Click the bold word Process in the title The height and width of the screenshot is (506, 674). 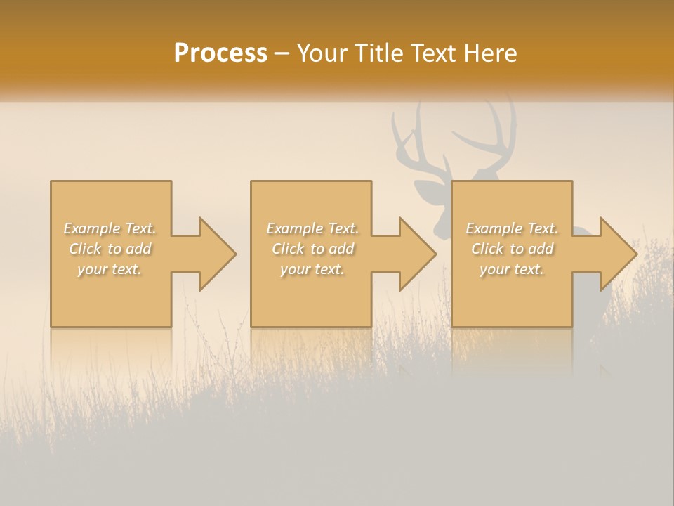pos(220,53)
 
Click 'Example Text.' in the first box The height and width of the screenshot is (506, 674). pos(110,228)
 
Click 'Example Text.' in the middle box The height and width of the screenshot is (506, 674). pos(312,228)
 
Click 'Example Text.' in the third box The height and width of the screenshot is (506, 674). pos(512,228)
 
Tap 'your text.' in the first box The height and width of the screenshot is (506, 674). pos(110,269)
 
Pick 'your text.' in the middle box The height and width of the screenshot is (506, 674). pos(312,269)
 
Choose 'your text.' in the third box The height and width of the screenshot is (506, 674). pos(512,269)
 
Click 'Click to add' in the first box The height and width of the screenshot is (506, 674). pos(110,249)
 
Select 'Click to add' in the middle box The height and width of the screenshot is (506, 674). pos(312,249)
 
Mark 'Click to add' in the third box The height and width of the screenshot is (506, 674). pos(512,249)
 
